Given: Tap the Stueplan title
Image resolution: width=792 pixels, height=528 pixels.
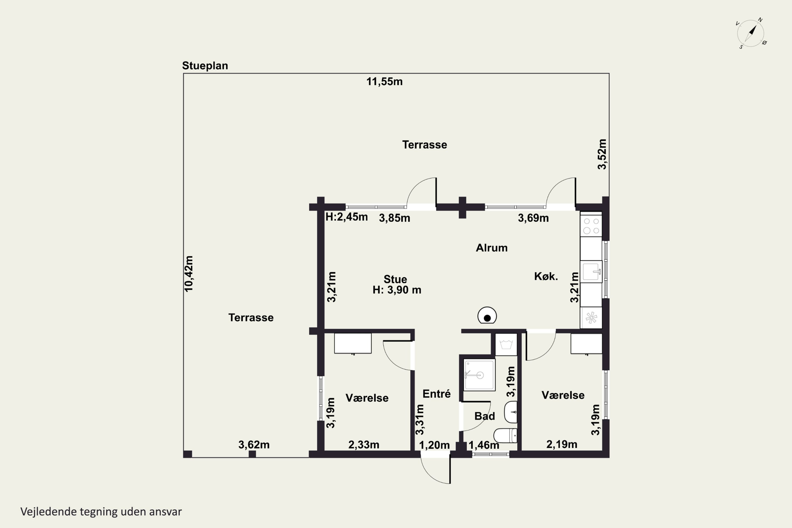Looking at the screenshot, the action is click(205, 66).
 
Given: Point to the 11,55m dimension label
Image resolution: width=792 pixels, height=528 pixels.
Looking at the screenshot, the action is click(385, 82).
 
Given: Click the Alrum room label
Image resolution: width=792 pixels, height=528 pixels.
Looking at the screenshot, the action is click(492, 248).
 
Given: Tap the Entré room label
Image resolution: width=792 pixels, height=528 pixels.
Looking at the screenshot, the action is click(437, 394).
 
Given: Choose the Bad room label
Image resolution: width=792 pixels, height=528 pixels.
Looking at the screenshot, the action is click(484, 416).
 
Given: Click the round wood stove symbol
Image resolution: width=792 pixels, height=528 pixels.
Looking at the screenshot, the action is click(487, 316).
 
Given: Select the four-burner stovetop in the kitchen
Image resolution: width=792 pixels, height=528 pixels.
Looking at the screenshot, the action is click(591, 226).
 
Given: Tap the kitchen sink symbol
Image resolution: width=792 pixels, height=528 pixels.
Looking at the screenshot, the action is click(592, 271).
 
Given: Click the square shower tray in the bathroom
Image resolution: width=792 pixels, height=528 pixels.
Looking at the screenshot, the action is click(479, 375).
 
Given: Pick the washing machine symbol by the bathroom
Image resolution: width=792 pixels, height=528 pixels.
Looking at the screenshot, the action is click(506, 345).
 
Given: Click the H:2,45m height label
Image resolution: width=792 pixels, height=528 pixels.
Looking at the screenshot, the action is click(346, 217).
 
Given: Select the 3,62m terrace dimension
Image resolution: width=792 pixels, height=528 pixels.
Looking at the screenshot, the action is click(254, 445).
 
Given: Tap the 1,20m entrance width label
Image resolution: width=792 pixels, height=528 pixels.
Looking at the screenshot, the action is click(434, 445).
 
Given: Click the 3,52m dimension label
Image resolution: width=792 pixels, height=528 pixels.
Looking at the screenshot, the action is click(602, 154).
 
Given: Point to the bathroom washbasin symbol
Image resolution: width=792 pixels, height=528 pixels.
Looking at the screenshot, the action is click(511, 412).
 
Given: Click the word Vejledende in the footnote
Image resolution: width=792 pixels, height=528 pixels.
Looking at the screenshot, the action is click(49, 512).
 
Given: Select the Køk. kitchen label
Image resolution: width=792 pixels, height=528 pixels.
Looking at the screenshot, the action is click(546, 276).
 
